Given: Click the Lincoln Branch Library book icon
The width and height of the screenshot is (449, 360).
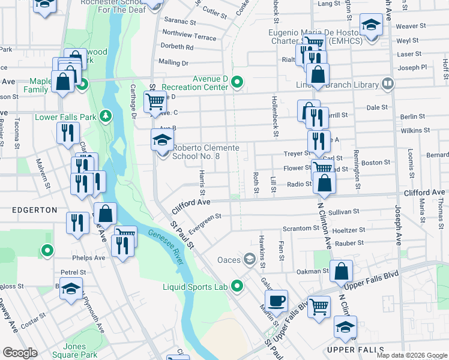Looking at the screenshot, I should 388,83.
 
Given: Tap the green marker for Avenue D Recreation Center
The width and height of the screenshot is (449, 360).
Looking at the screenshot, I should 238,82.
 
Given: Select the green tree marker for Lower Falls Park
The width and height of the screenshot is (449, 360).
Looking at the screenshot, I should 106,114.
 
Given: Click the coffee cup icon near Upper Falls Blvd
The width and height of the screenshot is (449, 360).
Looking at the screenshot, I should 276,301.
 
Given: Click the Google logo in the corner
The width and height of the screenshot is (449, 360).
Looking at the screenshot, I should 20,353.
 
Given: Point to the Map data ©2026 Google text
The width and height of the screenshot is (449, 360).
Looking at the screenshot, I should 412,355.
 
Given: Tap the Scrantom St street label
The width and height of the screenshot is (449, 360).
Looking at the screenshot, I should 301,229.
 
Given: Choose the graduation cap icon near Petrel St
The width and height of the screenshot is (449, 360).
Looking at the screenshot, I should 71,289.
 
